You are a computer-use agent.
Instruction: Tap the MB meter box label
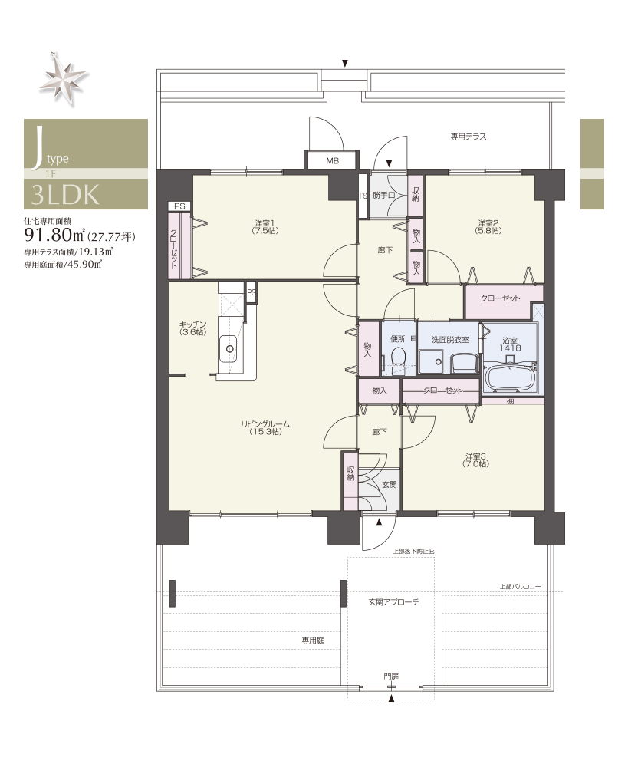[x=333, y=161]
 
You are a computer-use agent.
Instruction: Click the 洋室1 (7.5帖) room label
[x=265, y=227]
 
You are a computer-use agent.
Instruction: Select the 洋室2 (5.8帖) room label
[x=488, y=227]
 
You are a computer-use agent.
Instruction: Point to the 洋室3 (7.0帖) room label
[x=475, y=460]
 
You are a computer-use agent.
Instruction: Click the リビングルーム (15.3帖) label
[x=265, y=428]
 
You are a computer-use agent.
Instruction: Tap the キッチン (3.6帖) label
[x=193, y=328]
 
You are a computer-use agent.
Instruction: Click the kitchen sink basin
[x=229, y=349]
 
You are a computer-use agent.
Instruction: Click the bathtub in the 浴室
[x=510, y=377]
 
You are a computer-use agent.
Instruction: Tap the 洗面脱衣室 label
[x=449, y=340]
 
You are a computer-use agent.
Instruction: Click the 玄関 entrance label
[x=390, y=484]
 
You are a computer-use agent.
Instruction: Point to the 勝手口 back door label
[x=384, y=195]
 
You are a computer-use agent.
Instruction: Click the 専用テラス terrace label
[x=469, y=137]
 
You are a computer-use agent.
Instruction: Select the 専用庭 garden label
[x=313, y=641]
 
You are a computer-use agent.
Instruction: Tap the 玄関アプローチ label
[x=393, y=602]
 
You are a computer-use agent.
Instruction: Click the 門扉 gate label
[x=391, y=676]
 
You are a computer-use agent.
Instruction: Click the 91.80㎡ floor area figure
[x=54, y=236]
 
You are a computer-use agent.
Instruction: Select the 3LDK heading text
[x=65, y=195]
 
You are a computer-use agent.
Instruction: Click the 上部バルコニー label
[x=521, y=587]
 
